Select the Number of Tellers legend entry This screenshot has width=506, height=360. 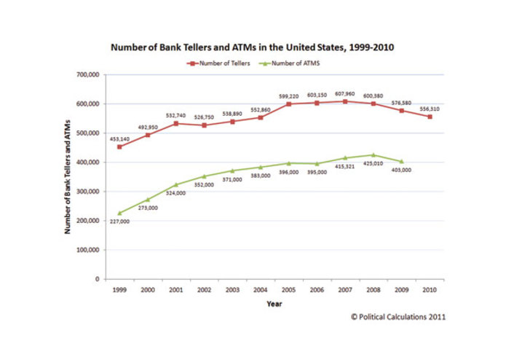(221, 63)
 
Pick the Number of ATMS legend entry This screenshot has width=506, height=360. (292, 63)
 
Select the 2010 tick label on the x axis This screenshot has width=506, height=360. (429, 290)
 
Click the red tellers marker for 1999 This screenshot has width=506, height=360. (119, 146)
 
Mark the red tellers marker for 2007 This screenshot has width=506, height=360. (346, 101)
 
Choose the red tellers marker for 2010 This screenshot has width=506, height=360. (430, 117)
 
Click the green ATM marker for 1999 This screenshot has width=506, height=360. (119, 213)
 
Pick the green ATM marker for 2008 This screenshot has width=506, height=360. (373, 155)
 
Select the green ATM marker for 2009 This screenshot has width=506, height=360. (401, 161)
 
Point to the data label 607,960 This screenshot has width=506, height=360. (344, 93)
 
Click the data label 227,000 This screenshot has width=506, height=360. (118, 222)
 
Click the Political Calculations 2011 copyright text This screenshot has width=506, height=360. (398, 317)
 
